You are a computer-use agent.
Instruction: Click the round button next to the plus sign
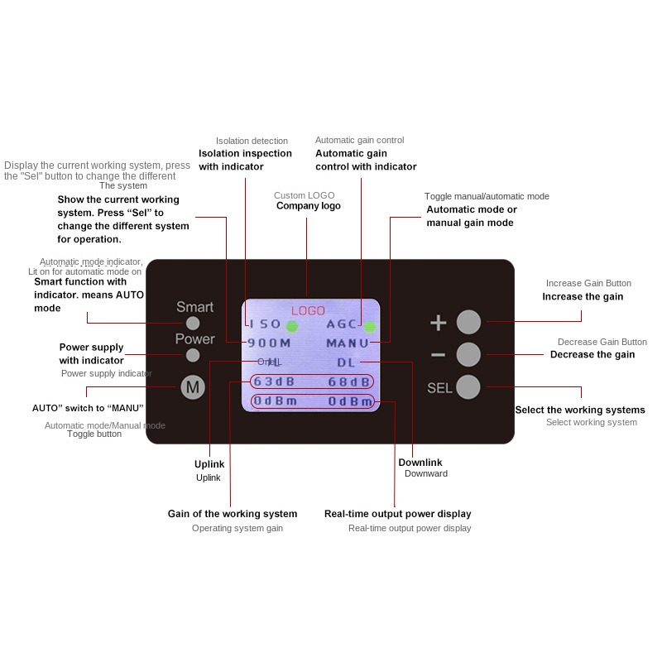(x=468, y=322)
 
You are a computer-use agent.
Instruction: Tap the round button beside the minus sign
(x=468, y=354)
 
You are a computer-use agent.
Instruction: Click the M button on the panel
(x=193, y=387)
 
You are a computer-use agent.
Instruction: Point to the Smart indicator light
(x=193, y=323)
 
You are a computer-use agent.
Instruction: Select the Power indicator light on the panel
(x=193, y=355)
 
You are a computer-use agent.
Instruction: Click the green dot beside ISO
(x=292, y=325)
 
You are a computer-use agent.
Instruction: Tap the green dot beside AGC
(x=369, y=325)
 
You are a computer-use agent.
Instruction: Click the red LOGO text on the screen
(x=308, y=310)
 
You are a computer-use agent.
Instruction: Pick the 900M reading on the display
(x=269, y=343)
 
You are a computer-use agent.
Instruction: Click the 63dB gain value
(x=275, y=381)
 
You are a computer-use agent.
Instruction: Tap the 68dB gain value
(x=348, y=381)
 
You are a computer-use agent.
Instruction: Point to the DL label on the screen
(x=345, y=362)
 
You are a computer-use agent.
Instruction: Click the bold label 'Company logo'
(x=308, y=206)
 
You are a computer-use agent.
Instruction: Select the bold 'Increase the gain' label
(x=583, y=296)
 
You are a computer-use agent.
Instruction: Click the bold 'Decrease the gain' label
(x=592, y=354)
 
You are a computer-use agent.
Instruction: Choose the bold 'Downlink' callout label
(x=420, y=463)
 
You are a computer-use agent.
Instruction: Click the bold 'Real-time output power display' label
(x=397, y=514)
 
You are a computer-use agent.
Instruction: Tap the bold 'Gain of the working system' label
(x=232, y=514)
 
